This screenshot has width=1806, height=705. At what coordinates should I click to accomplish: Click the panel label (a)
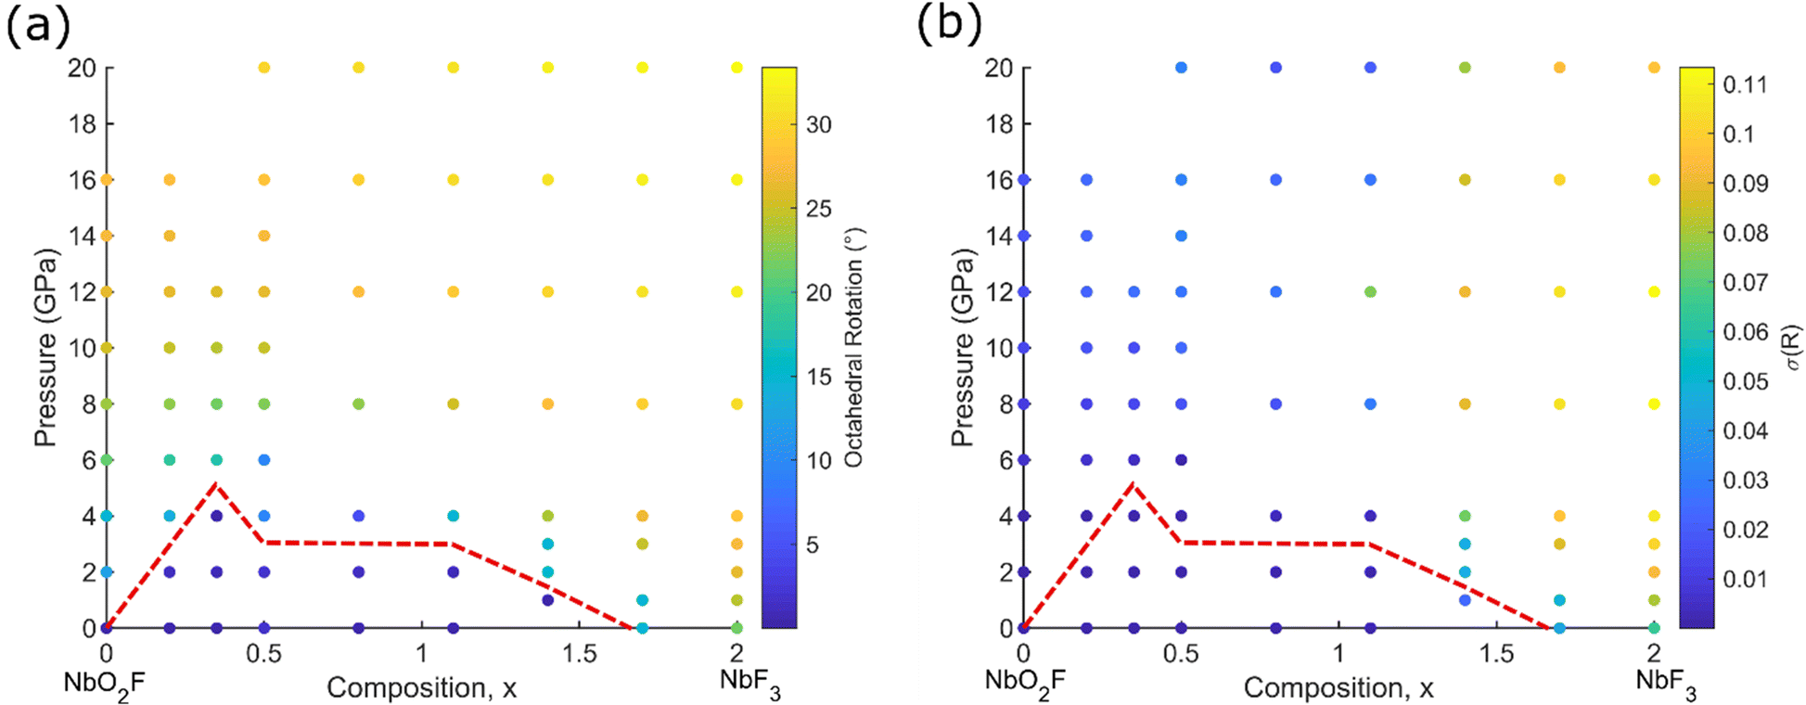(x=37, y=25)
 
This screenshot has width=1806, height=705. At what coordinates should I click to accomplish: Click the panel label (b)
(x=949, y=25)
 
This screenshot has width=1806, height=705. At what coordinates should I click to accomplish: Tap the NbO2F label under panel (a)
(x=104, y=683)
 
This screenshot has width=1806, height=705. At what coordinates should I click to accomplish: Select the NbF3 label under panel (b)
(x=1666, y=683)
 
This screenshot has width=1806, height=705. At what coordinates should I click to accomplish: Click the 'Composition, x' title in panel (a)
(x=421, y=688)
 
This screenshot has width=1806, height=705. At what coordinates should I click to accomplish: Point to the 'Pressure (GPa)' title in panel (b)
(x=963, y=348)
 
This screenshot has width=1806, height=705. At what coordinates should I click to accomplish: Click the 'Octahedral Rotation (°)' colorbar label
(x=854, y=348)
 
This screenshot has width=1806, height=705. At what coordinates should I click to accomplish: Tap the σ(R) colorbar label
(x=1792, y=348)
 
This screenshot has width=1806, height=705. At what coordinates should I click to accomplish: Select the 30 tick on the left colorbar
(x=819, y=124)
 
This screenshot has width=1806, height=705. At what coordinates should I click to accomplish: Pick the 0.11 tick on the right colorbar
(x=1744, y=84)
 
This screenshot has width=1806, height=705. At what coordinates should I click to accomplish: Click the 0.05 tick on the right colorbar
(x=1744, y=381)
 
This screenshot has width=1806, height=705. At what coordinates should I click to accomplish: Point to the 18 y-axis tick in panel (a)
(x=83, y=123)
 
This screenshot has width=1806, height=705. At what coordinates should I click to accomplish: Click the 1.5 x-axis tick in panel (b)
(x=1496, y=653)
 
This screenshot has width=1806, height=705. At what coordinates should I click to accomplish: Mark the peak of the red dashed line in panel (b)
(x=1133, y=483)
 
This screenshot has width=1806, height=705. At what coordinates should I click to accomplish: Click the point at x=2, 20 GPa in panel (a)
(x=737, y=68)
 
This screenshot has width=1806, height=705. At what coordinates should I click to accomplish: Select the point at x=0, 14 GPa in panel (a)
(x=107, y=236)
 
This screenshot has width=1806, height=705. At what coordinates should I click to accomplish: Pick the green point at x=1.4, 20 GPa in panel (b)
(x=1465, y=68)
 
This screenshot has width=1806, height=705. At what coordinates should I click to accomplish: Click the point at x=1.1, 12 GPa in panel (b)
(x=1370, y=291)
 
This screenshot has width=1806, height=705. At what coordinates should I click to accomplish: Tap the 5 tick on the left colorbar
(x=813, y=545)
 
